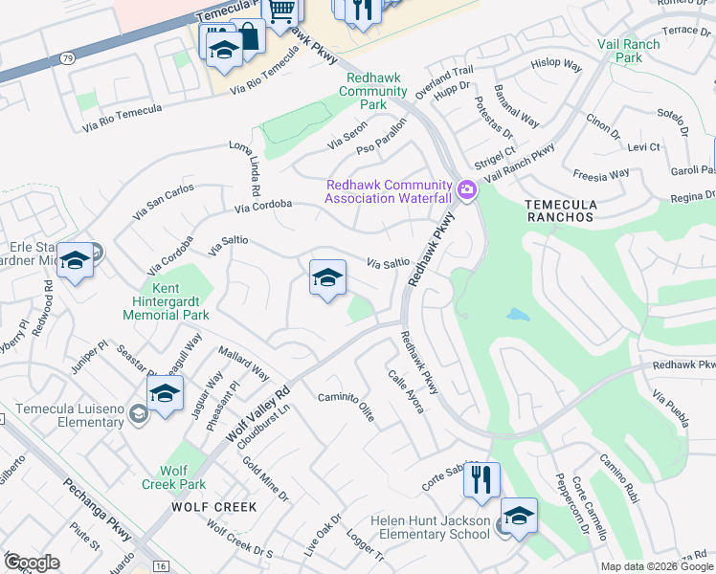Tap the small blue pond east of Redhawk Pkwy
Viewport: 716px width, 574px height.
(x=518, y=314)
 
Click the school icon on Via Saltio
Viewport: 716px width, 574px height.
(x=327, y=278)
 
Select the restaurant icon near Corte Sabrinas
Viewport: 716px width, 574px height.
(x=481, y=479)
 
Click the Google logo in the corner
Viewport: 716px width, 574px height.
(x=32, y=563)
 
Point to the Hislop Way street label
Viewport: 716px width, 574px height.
(x=556, y=65)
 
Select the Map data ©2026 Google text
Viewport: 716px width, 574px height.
(x=656, y=566)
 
